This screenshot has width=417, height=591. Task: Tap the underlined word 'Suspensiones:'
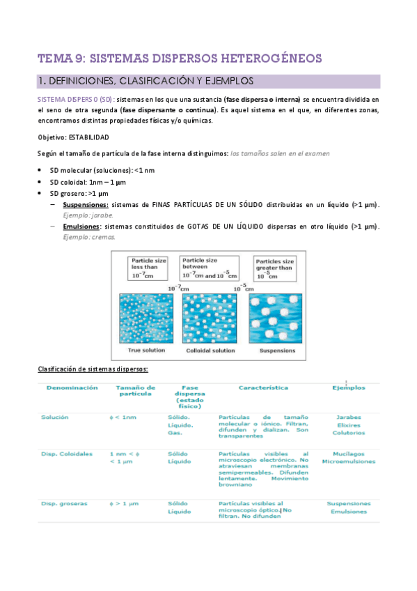85,204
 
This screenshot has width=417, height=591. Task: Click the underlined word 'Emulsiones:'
81,227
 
